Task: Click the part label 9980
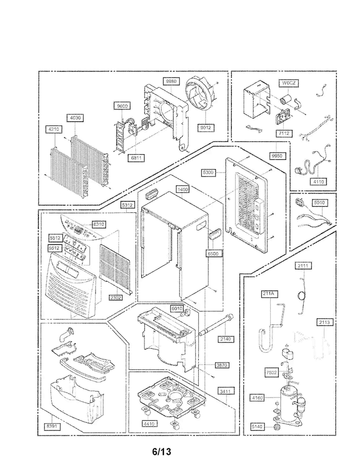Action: pos(171,81)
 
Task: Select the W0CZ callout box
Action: pos(288,83)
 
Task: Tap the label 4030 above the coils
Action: pos(75,118)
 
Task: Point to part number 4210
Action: pos(54,129)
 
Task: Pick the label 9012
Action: pos(205,127)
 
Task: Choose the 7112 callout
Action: pos(284,134)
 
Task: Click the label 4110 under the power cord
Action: pos(318,181)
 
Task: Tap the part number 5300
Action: pos(208,172)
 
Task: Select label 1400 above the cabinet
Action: pos(182,189)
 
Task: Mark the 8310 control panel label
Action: pos(98,224)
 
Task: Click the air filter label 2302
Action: pos(115,297)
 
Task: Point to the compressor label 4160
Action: pos(258,398)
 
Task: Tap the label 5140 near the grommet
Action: pos(257,427)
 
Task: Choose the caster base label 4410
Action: pos(149,424)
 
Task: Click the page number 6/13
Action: pos(162,452)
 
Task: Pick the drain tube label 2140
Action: pos(226,339)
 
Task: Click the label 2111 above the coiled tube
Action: pos(303,266)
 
